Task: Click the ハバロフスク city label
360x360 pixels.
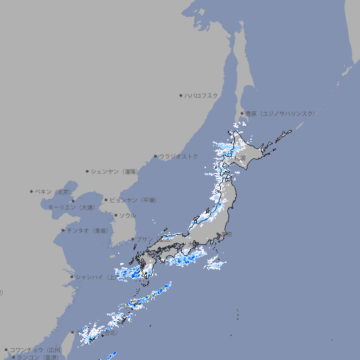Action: (x=201, y=95)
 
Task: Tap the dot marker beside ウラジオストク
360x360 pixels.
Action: (x=155, y=157)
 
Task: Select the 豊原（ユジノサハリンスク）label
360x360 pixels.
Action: (x=280, y=113)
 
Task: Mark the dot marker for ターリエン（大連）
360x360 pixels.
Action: (x=72, y=201)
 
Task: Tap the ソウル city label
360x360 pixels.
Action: (x=127, y=215)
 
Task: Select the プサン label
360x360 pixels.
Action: (x=142, y=239)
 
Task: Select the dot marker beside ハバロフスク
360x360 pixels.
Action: (x=181, y=95)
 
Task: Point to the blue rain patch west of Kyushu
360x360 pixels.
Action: (x=127, y=273)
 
